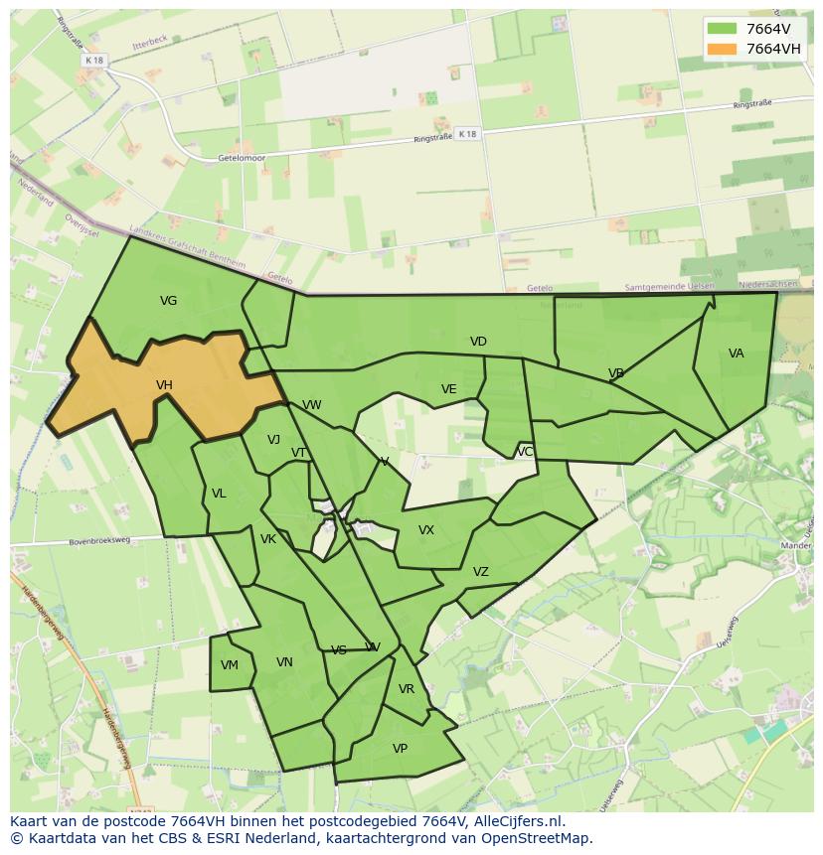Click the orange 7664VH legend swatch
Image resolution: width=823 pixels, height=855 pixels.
[723, 49]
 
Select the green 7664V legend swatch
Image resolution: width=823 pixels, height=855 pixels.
[723, 29]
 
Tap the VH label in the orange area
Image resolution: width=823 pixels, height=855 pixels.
[164, 385]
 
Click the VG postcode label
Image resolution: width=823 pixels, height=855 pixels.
[168, 300]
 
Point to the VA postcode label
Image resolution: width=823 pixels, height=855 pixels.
[736, 354]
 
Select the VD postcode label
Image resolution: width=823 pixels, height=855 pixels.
[478, 342]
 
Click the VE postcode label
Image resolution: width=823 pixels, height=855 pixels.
[448, 389]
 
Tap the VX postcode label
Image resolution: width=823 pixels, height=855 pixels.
[426, 530]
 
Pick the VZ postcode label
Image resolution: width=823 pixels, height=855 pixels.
[480, 572]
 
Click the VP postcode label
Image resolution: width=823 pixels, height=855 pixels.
[400, 749]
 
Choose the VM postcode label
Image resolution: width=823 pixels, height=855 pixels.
[230, 665]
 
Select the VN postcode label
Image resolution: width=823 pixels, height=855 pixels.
[284, 662]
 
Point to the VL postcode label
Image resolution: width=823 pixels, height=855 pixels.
[219, 494]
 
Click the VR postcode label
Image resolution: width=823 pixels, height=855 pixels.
[406, 689]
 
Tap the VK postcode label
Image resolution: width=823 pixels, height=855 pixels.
[267, 539]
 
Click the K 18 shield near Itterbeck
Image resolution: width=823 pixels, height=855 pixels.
[94, 61]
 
